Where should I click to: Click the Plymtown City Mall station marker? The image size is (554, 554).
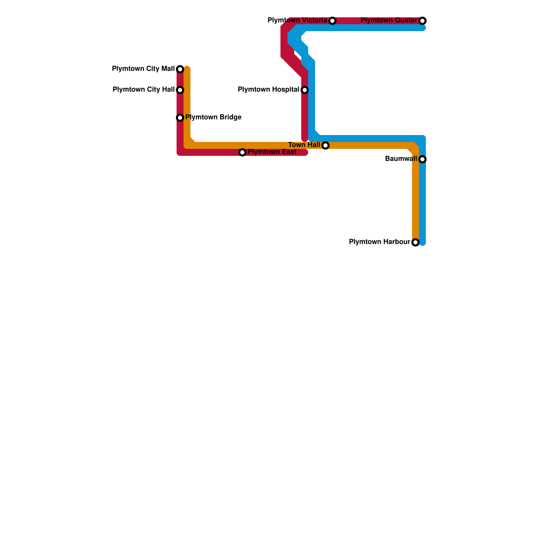(x=180, y=69)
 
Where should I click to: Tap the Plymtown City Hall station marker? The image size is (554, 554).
(x=180, y=90)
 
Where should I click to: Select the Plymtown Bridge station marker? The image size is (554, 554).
(x=180, y=118)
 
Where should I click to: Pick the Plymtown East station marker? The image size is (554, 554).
(x=242, y=152)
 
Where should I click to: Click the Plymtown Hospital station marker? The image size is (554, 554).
(x=305, y=90)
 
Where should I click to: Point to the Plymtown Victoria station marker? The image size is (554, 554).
(x=332, y=21)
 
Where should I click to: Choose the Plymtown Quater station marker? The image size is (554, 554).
(x=422, y=21)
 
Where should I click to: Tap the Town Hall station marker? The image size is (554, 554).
(x=325, y=145)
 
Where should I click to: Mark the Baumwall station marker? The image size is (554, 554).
(x=422, y=159)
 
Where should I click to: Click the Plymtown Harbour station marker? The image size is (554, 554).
(x=415, y=242)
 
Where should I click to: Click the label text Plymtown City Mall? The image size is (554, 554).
(x=143, y=69)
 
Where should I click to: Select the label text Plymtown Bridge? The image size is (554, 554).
(x=213, y=117)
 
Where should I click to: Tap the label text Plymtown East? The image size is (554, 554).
(x=272, y=152)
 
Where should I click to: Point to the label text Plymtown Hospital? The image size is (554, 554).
(x=268, y=90)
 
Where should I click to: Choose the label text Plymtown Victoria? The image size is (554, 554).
(x=297, y=20)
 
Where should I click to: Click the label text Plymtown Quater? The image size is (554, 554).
(x=388, y=20)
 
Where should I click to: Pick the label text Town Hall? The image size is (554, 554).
(x=304, y=145)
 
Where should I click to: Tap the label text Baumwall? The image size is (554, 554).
(x=401, y=159)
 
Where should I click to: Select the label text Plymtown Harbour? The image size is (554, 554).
(x=379, y=242)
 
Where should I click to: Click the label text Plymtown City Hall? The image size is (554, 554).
(x=143, y=90)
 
